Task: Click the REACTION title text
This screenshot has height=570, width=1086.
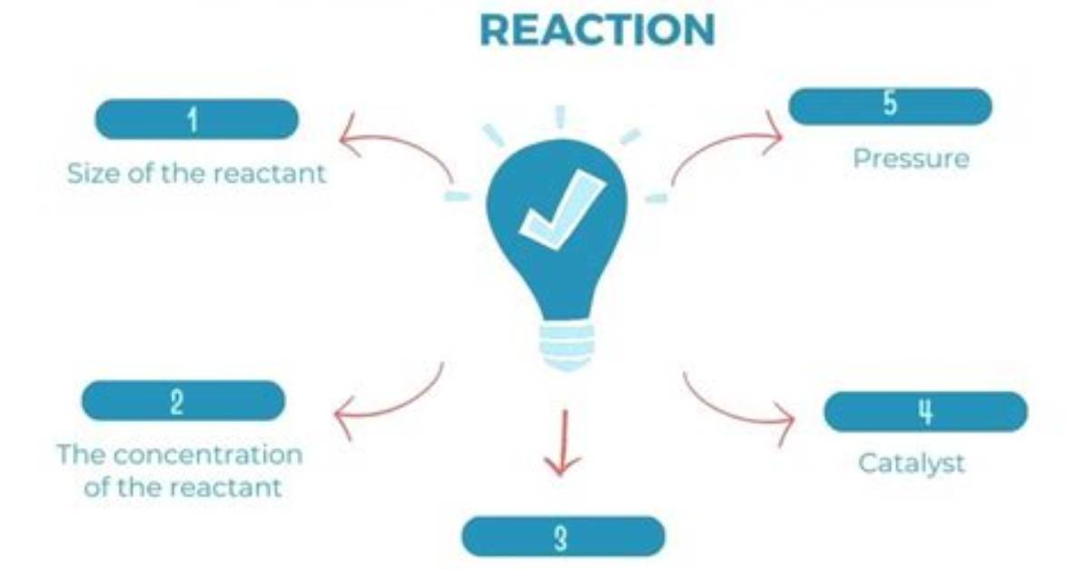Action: click(597, 31)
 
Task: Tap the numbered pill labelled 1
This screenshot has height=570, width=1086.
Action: click(197, 119)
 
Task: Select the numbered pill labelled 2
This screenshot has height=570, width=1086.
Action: click(183, 401)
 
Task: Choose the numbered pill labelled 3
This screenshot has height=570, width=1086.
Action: click(563, 536)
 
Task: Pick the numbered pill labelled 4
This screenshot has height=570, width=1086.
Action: click(925, 412)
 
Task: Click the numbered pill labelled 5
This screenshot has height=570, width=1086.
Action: click(890, 107)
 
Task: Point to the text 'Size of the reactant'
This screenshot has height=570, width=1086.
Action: click(196, 173)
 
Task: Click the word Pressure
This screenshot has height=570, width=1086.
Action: click(911, 159)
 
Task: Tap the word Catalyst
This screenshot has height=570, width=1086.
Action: click(911, 463)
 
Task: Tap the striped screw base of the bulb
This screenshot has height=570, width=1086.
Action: click(567, 347)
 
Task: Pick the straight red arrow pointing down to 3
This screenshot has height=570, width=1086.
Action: click(562, 443)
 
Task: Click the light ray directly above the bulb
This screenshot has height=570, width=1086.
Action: click(561, 117)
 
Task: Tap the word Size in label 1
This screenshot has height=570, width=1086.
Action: click(94, 173)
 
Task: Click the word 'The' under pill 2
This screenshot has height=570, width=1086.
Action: click(81, 455)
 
